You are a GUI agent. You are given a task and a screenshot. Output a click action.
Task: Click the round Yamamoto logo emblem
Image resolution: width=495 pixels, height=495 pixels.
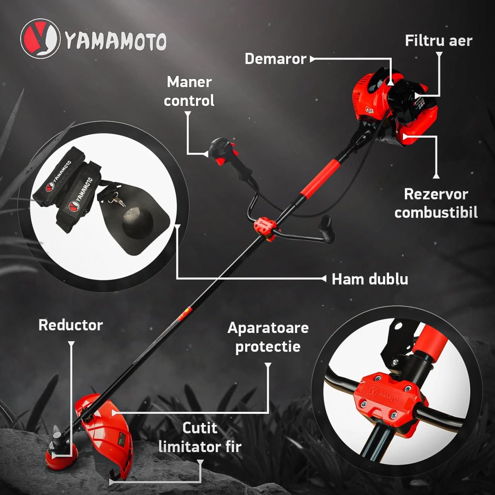40,39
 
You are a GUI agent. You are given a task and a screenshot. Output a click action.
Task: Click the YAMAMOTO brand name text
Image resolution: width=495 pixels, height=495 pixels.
116,41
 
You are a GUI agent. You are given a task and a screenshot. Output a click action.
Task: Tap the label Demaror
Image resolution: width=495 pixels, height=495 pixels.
275,59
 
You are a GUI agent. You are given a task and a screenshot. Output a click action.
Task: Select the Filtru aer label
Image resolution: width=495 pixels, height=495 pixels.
438,41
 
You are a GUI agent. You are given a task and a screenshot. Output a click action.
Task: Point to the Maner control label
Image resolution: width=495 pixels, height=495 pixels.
189,91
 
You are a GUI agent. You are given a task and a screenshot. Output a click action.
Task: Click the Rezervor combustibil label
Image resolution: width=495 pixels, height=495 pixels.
436,203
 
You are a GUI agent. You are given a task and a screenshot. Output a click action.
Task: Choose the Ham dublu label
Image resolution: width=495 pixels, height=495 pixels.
370,279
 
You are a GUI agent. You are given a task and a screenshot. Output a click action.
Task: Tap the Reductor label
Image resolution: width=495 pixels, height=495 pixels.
70,325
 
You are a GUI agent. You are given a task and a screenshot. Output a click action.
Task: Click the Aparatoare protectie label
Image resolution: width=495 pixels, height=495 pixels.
268,337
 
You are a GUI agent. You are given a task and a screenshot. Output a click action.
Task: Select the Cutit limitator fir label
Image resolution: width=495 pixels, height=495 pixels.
200,437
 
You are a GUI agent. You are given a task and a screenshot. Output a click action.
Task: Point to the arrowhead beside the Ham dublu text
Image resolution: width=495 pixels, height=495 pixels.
324,278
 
